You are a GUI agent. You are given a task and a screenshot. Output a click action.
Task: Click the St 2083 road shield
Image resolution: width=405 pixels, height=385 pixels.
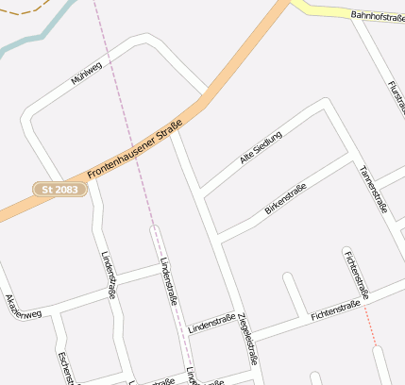click(x=61, y=190)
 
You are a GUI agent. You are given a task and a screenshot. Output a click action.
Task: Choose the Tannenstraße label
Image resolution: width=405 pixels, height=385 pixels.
click(x=374, y=189)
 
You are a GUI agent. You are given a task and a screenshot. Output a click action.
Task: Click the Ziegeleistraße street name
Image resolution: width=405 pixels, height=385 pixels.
click(x=248, y=338)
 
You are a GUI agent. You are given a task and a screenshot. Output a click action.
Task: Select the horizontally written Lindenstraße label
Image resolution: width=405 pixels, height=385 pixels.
click(x=211, y=324)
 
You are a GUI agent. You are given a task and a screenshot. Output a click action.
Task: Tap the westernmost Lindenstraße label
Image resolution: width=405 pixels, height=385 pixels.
click(x=108, y=275)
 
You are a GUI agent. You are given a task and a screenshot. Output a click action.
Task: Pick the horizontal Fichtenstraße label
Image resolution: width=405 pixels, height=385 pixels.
click(x=336, y=310)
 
